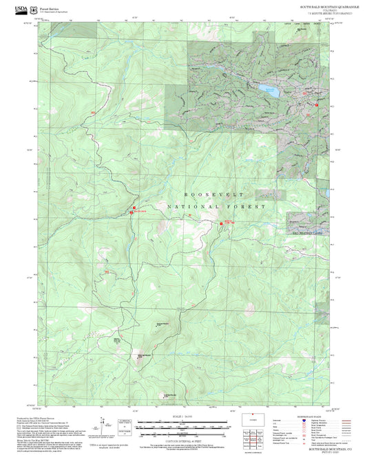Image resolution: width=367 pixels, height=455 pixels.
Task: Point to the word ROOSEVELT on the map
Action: coord(209,195)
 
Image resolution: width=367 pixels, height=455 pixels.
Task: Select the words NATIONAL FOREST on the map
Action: coord(215,206)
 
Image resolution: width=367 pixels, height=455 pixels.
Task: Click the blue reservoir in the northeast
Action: coord(268,90)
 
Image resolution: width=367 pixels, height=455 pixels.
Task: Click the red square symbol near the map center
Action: coord(221,223)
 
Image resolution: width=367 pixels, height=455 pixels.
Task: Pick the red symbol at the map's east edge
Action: coord(316,105)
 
